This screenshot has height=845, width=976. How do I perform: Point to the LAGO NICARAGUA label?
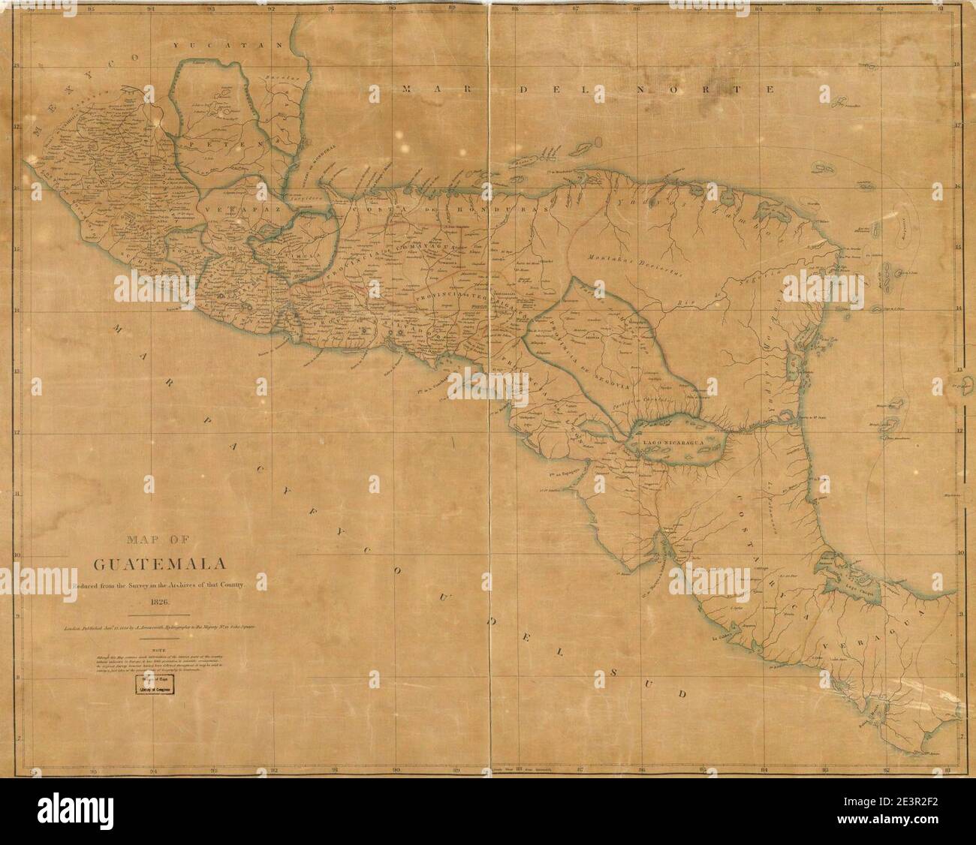pyautogui.click(x=671, y=444)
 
